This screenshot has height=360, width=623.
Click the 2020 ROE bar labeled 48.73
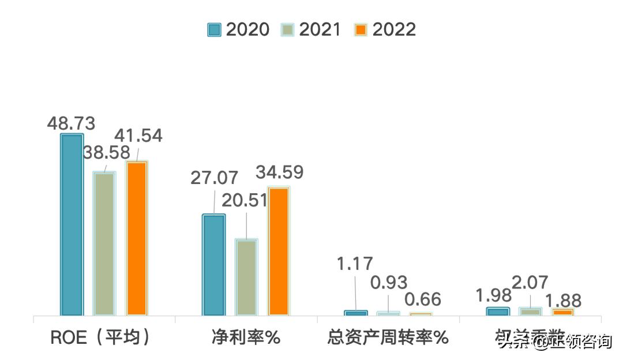point(72,225)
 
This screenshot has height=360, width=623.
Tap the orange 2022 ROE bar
point(137,238)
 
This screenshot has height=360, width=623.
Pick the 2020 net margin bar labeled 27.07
point(214,265)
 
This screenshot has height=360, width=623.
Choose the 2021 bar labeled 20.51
point(247,277)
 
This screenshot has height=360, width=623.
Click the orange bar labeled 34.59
point(279,252)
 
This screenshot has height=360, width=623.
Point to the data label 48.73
point(71,123)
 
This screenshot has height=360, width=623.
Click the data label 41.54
point(138,136)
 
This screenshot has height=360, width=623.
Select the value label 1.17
point(355,264)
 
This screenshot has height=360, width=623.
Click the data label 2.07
point(531,283)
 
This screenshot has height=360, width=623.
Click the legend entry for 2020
point(238,29)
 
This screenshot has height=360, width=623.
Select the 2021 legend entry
point(311,29)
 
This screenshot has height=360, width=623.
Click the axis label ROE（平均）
point(102,337)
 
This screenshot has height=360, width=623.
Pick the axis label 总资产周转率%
point(387,337)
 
